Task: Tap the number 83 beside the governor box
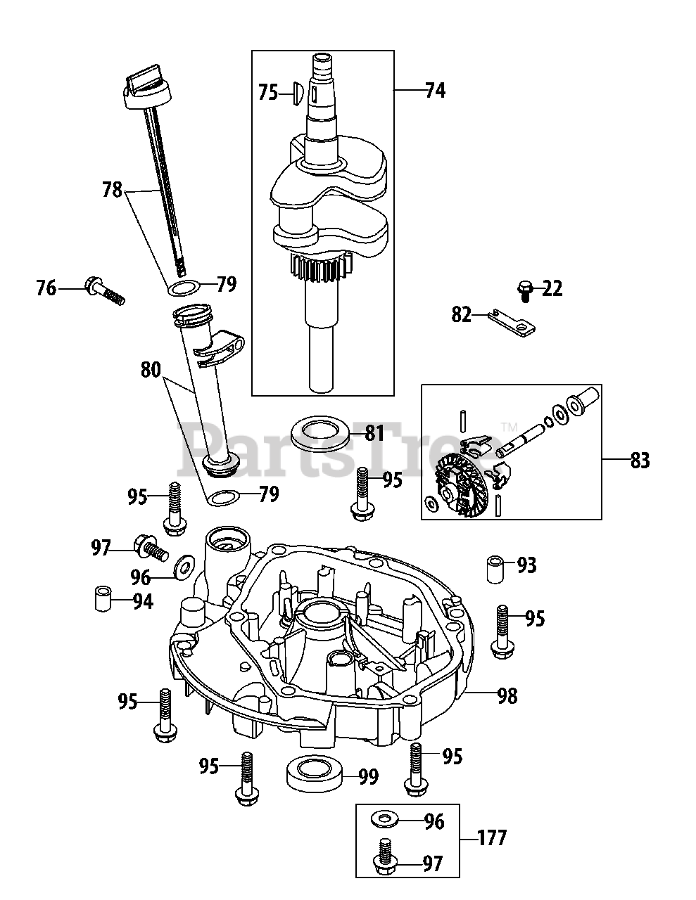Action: point(640,461)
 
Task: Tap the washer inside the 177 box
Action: point(384,821)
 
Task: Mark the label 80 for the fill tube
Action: point(151,370)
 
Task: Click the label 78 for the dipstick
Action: point(112,190)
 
